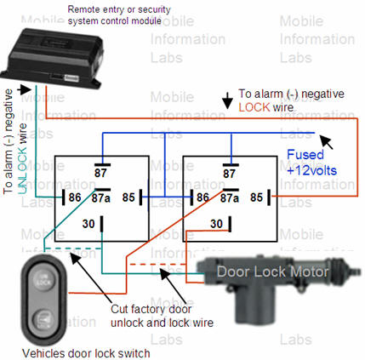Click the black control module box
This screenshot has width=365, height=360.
click(53, 58)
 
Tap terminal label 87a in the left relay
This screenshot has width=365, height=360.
click(100, 197)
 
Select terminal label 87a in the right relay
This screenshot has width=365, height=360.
click(230, 198)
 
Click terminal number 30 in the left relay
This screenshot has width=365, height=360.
click(88, 224)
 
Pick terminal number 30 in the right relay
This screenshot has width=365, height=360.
click(216, 224)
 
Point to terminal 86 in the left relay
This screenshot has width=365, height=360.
click(75, 197)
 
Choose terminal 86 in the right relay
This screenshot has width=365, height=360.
click(202, 197)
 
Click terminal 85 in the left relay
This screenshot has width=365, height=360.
click(128, 197)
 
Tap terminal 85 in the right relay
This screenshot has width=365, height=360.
click(256, 197)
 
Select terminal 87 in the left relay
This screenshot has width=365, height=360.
click(100, 173)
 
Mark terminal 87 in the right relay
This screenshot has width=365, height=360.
click(229, 174)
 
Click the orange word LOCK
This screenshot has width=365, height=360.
click(254, 107)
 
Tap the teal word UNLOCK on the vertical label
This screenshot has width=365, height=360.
click(22, 158)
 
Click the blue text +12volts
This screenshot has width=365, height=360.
click(311, 170)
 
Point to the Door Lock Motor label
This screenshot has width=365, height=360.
click(272, 271)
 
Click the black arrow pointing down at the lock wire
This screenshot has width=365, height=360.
click(227, 100)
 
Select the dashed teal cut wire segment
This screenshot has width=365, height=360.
click(73, 249)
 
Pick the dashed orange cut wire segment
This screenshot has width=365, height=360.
click(157, 265)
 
